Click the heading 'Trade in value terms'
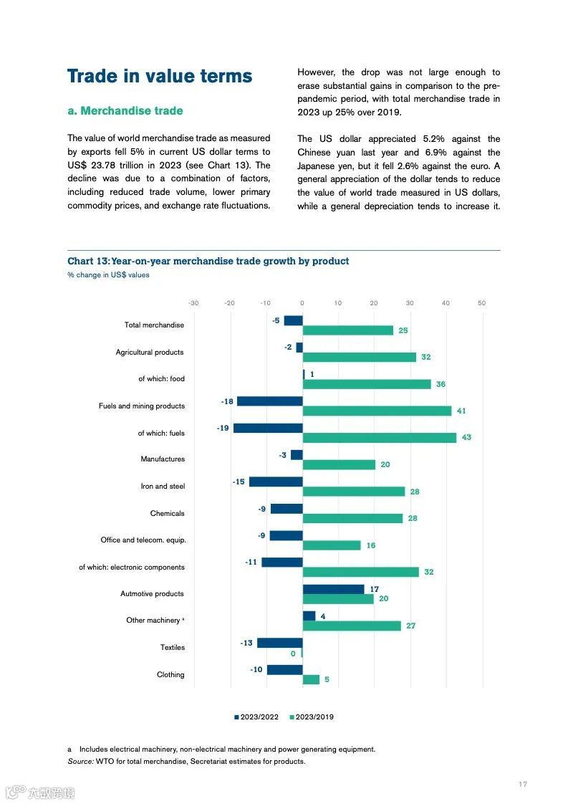[160, 77]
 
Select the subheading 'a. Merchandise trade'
[125, 111]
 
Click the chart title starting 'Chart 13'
[208, 261]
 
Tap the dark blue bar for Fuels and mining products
[269, 401]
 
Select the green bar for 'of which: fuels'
[379, 437]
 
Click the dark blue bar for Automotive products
[333, 589]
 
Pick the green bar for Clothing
[311, 679]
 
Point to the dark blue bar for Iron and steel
[276, 482]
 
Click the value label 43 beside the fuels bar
[466, 437]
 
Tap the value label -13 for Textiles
[246, 643]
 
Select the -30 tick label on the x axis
[193, 303]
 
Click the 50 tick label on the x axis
[481, 303]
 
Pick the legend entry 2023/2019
[312, 717]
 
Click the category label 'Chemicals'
[167, 513]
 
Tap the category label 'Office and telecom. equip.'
[143, 540]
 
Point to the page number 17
[523, 784]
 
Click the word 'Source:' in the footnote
[80, 761]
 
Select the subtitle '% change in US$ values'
[108, 274]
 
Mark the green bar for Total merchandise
[347, 330]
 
